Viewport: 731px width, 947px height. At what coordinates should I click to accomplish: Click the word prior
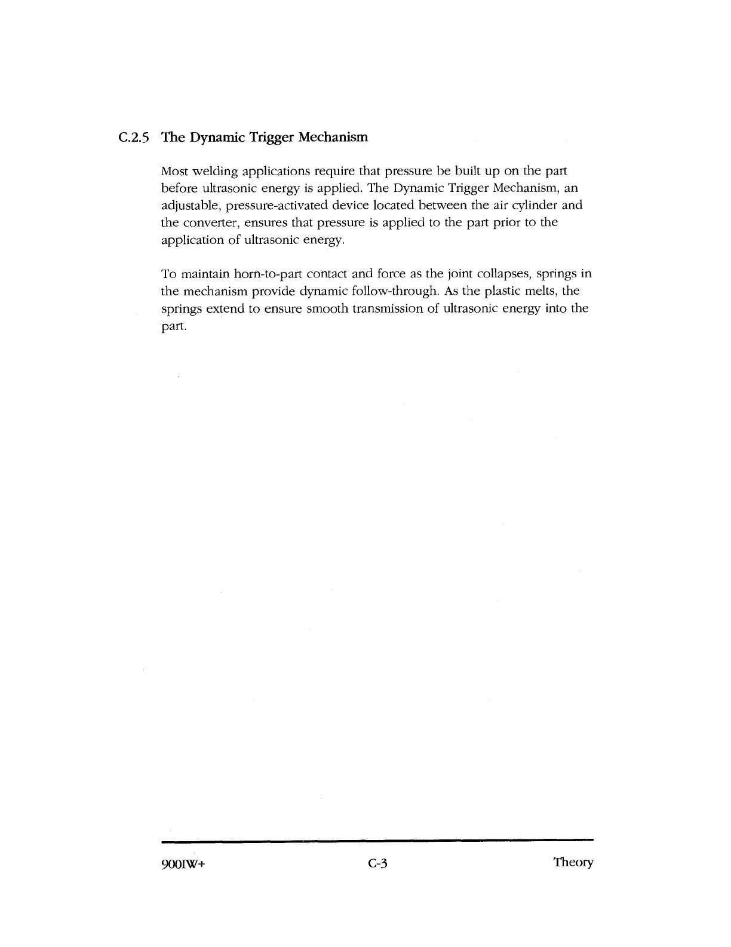(x=496, y=223)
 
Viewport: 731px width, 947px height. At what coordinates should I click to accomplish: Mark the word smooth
(x=327, y=309)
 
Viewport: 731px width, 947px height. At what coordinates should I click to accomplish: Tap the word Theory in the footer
(x=573, y=863)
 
